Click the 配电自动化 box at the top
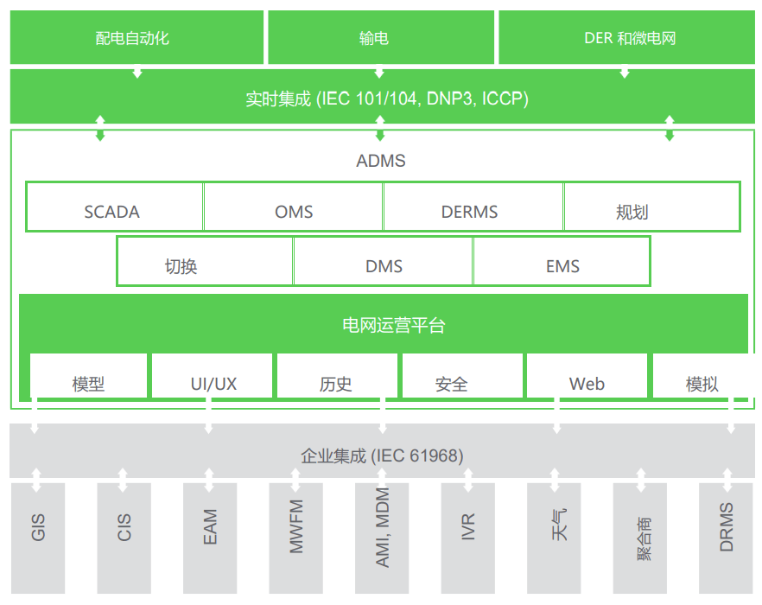137,38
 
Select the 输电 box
381,38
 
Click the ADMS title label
380,161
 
